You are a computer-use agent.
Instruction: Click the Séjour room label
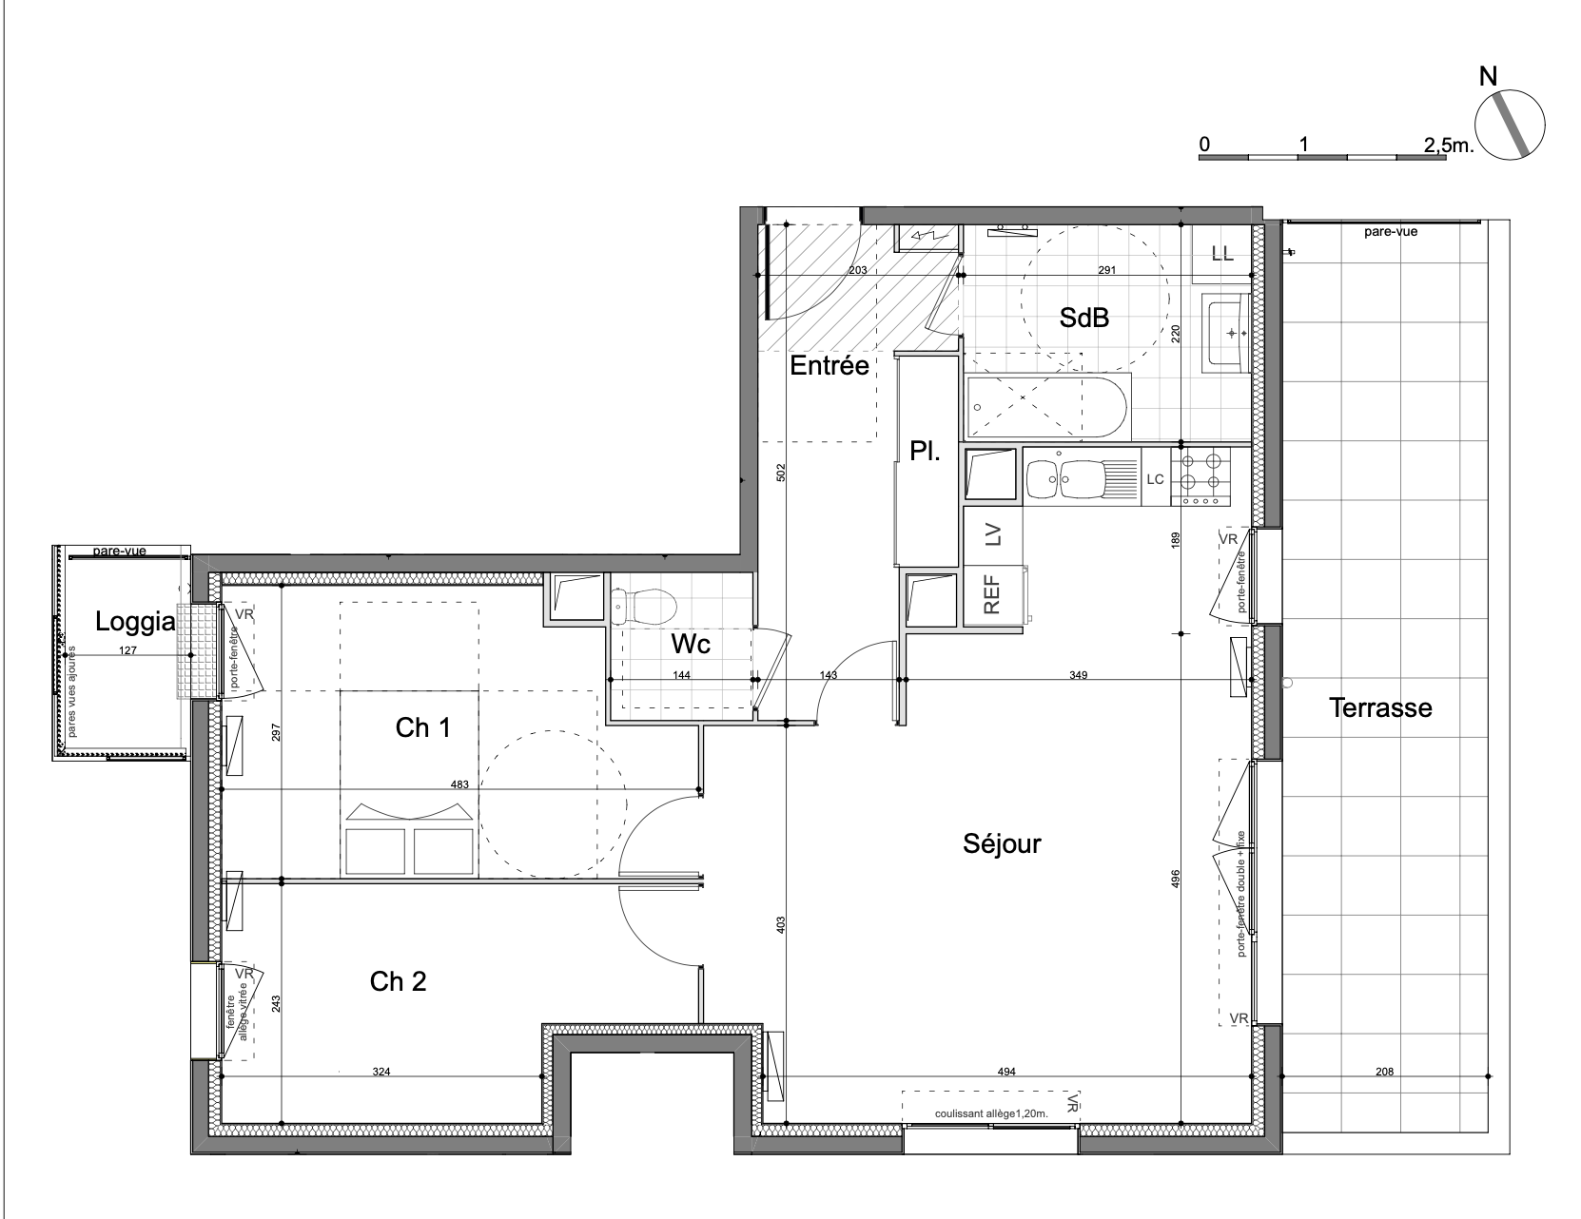(1002, 844)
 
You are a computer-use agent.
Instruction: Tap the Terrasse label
(1380, 708)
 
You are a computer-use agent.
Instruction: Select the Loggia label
(135, 622)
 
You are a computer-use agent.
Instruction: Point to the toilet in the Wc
(644, 607)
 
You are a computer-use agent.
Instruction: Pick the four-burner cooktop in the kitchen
(1200, 476)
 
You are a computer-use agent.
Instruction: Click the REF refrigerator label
(991, 595)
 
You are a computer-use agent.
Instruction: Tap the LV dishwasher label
(993, 534)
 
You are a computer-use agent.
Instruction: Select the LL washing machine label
(1222, 254)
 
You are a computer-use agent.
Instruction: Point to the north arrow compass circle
(1511, 125)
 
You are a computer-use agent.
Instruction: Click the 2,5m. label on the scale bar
(1449, 145)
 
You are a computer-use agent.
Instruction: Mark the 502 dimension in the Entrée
(781, 473)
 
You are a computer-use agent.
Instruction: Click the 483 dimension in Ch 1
(459, 784)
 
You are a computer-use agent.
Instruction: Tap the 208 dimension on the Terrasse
(1384, 1072)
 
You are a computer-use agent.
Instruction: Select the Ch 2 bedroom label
(398, 982)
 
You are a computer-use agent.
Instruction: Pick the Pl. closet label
(925, 452)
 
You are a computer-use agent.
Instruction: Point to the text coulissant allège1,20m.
(991, 1113)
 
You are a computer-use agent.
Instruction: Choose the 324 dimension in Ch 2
(381, 1072)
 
